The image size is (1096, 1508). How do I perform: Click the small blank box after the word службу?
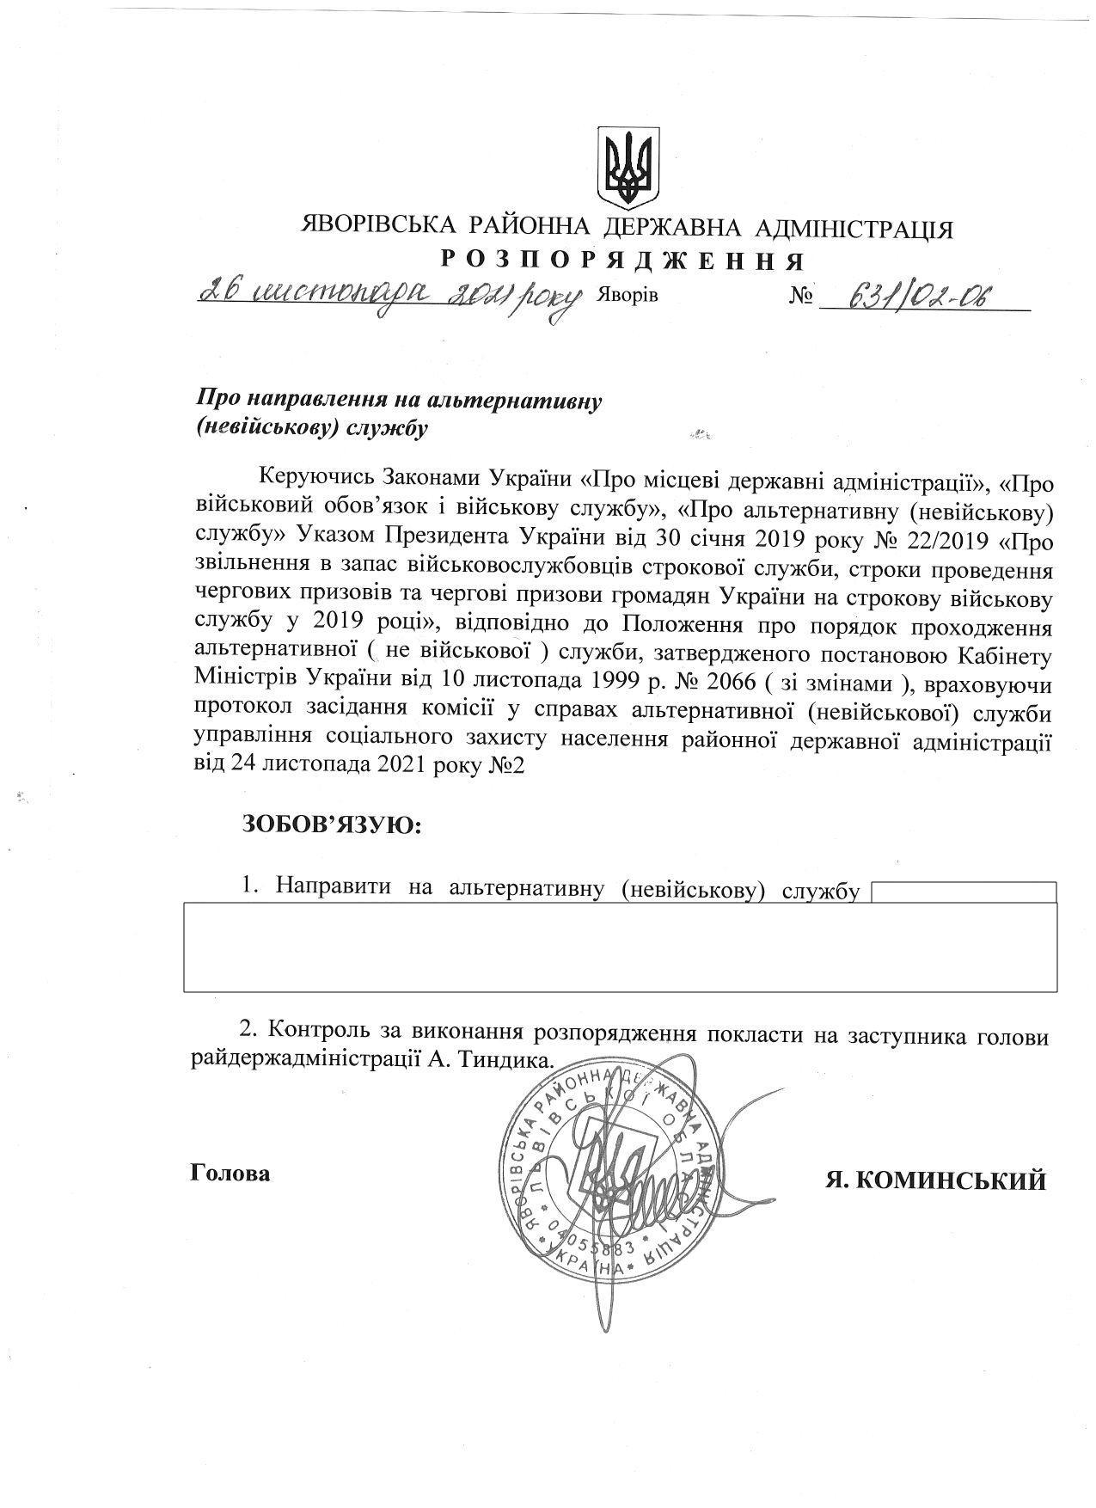pyautogui.click(x=963, y=892)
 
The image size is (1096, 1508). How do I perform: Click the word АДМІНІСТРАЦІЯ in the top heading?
pyautogui.click(x=853, y=228)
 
